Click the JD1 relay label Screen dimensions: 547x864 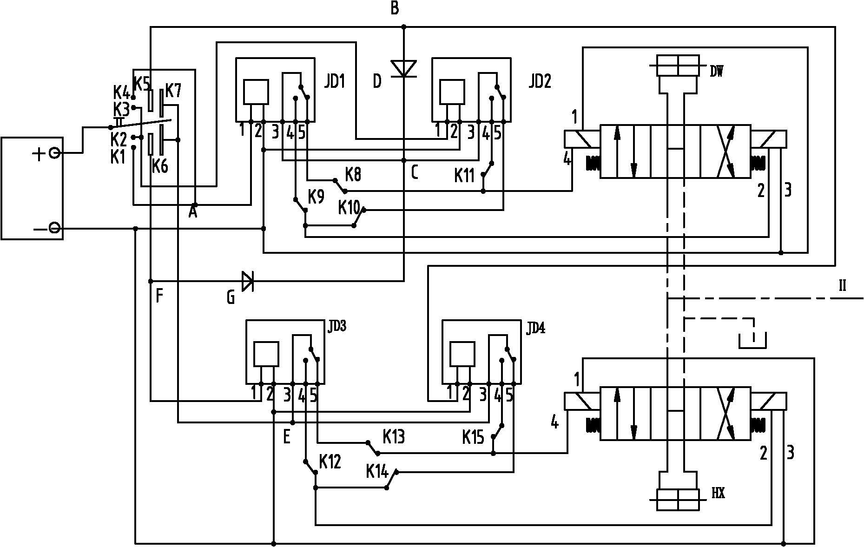point(334,82)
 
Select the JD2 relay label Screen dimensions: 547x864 point(540,82)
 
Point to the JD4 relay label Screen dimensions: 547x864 point(536,328)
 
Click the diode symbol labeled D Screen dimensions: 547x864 point(403,68)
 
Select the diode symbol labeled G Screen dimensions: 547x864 point(248,281)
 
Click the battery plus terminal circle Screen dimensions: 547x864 point(54,153)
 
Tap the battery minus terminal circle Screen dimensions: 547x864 point(54,228)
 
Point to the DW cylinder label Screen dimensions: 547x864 point(716,72)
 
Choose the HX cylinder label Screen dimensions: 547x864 point(718,494)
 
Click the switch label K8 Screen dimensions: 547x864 point(353,175)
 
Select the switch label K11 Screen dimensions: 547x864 point(464,176)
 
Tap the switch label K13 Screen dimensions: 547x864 point(394,437)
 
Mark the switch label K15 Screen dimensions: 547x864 point(473,437)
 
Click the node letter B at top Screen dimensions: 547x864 point(395,8)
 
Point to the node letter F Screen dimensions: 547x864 point(159,296)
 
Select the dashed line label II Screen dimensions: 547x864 point(842,286)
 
